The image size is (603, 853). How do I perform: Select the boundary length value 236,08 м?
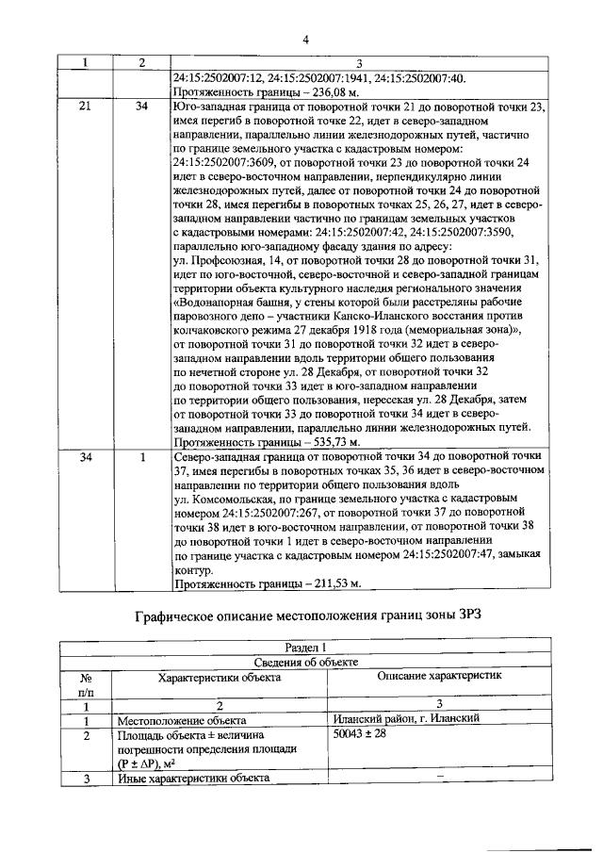tap(331, 92)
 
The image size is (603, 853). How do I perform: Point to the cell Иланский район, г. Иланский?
tap(408, 718)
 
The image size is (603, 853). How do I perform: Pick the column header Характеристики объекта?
tap(219, 678)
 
